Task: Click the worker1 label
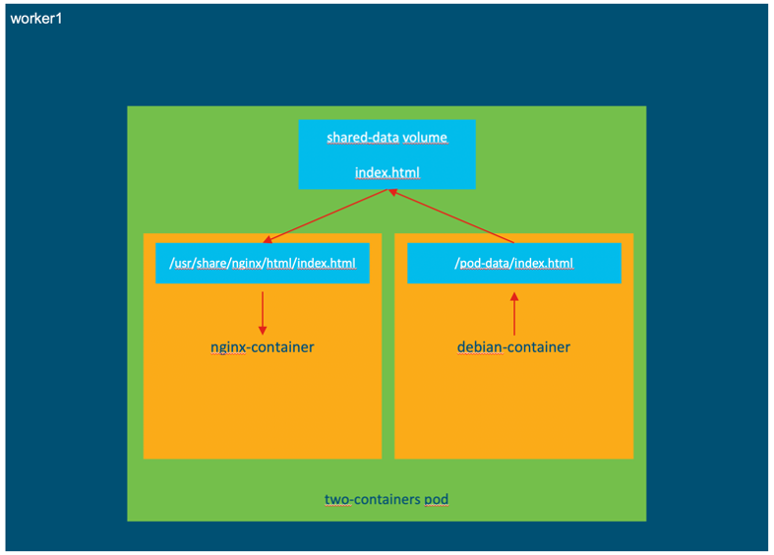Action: [x=36, y=19]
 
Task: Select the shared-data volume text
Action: [x=387, y=138]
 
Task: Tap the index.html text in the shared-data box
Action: [x=387, y=173]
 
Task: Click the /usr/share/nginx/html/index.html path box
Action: [x=263, y=264]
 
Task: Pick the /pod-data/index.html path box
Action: [x=514, y=264]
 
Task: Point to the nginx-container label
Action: [x=263, y=347]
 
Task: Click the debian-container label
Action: [x=513, y=347]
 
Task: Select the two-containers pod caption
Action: [x=387, y=500]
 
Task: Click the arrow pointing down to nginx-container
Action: [x=263, y=313]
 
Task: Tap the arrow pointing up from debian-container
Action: [x=513, y=313]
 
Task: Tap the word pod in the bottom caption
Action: [x=437, y=500]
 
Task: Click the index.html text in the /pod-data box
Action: [x=545, y=264]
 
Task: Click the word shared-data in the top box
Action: [x=363, y=138]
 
